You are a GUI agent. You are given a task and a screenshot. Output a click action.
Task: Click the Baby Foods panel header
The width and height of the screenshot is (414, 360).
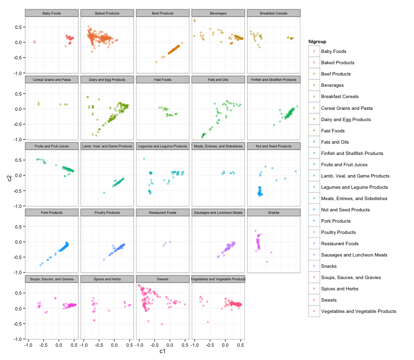52,13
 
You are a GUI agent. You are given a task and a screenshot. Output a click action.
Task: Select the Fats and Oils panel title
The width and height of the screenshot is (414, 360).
218,80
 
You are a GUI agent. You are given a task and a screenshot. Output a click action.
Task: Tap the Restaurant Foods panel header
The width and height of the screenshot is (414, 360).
163,212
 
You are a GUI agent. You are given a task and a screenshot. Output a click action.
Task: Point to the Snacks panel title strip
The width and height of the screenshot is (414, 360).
274,212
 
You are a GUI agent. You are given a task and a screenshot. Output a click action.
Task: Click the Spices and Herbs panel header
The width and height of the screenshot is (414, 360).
107,279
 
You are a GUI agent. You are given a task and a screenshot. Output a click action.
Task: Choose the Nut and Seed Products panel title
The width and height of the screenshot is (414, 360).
274,146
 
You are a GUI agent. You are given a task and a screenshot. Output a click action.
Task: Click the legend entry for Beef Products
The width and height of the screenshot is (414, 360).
336,74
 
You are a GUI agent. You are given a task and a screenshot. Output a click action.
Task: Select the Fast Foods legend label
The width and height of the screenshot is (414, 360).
333,130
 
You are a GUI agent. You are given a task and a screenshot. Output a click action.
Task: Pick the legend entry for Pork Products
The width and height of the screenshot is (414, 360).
336,221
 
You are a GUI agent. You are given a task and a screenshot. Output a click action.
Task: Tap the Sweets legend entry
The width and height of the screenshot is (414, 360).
329,300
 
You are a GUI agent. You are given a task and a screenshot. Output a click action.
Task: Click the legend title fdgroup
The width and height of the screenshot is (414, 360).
317,41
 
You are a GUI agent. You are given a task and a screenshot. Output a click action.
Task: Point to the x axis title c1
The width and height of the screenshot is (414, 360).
162,351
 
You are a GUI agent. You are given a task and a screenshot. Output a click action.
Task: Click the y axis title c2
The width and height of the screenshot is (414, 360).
9,178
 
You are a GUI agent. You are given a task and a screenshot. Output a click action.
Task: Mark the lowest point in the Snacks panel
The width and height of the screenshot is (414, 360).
267,262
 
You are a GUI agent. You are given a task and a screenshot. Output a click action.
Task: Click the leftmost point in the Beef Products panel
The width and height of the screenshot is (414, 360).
156,62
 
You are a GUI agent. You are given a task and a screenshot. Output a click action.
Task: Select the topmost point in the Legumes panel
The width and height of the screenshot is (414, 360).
144,159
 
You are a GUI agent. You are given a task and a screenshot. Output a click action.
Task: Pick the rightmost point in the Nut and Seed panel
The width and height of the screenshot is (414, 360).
296,171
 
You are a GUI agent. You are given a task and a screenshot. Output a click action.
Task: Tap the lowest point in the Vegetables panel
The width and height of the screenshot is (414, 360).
208,322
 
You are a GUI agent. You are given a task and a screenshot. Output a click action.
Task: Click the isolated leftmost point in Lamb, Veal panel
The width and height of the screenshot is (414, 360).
104,193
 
